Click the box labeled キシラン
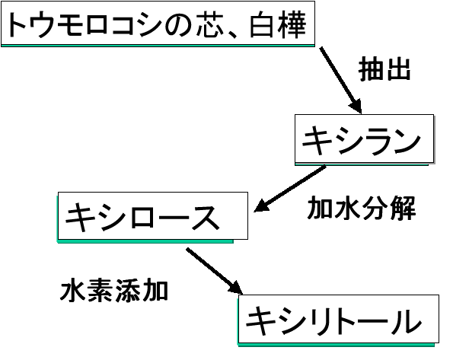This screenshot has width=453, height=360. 365,139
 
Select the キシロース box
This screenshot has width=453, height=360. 153,216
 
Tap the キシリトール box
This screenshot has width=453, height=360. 339,319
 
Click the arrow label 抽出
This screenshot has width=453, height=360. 384,68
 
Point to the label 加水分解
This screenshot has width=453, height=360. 361,208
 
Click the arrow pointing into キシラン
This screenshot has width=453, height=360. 340,80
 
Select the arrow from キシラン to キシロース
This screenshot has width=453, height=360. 290,189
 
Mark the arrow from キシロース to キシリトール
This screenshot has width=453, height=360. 215,271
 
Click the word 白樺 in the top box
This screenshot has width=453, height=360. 277,24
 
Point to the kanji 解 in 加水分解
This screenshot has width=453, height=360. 403,208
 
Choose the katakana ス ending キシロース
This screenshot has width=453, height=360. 206,218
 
